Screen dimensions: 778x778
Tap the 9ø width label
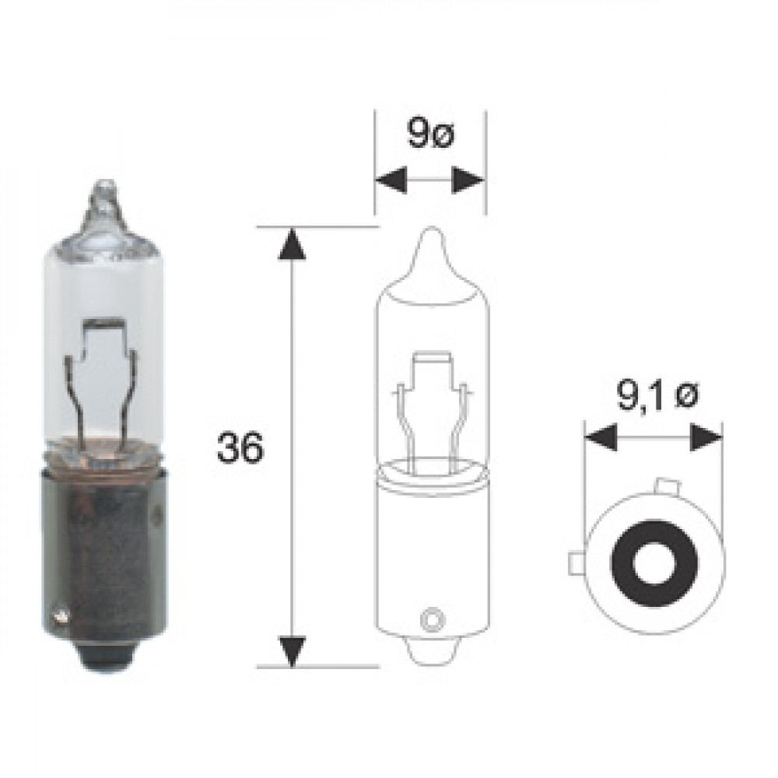pyautogui.click(x=430, y=133)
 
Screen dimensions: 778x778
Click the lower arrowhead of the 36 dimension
pyautogui.click(x=293, y=650)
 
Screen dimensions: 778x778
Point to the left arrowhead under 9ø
pyautogui.click(x=391, y=180)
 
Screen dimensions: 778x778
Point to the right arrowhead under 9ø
pyautogui.click(x=468, y=180)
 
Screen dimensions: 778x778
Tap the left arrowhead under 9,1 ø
pyautogui.click(x=601, y=437)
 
